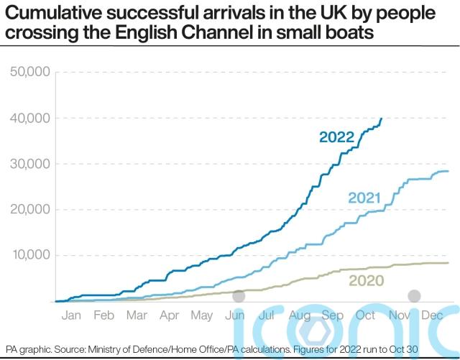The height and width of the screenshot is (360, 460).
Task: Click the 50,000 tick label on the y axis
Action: point(28,72)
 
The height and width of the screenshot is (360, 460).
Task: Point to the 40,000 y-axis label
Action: point(28,118)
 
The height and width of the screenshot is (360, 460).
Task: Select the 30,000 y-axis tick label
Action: point(28,164)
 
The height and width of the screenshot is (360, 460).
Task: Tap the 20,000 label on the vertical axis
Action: point(28,210)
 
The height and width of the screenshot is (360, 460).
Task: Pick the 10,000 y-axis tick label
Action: point(28,256)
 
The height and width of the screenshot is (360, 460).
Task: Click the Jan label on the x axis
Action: point(71,316)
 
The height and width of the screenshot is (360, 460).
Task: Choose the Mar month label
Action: point(137,316)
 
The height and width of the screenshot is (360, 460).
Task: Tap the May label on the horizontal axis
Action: point(202,316)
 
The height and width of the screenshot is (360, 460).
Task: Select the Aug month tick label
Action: point(300,316)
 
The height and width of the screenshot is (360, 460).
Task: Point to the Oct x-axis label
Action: point(366,316)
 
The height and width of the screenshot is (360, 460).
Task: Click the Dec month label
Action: point(432,316)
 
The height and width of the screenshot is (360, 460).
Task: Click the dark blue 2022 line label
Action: point(337,137)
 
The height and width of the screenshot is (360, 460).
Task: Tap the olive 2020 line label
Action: point(366,281)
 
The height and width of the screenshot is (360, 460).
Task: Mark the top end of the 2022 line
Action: point(381,119)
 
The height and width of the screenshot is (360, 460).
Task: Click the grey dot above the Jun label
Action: point(239,295)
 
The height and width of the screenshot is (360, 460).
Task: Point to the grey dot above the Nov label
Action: point(414,295)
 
